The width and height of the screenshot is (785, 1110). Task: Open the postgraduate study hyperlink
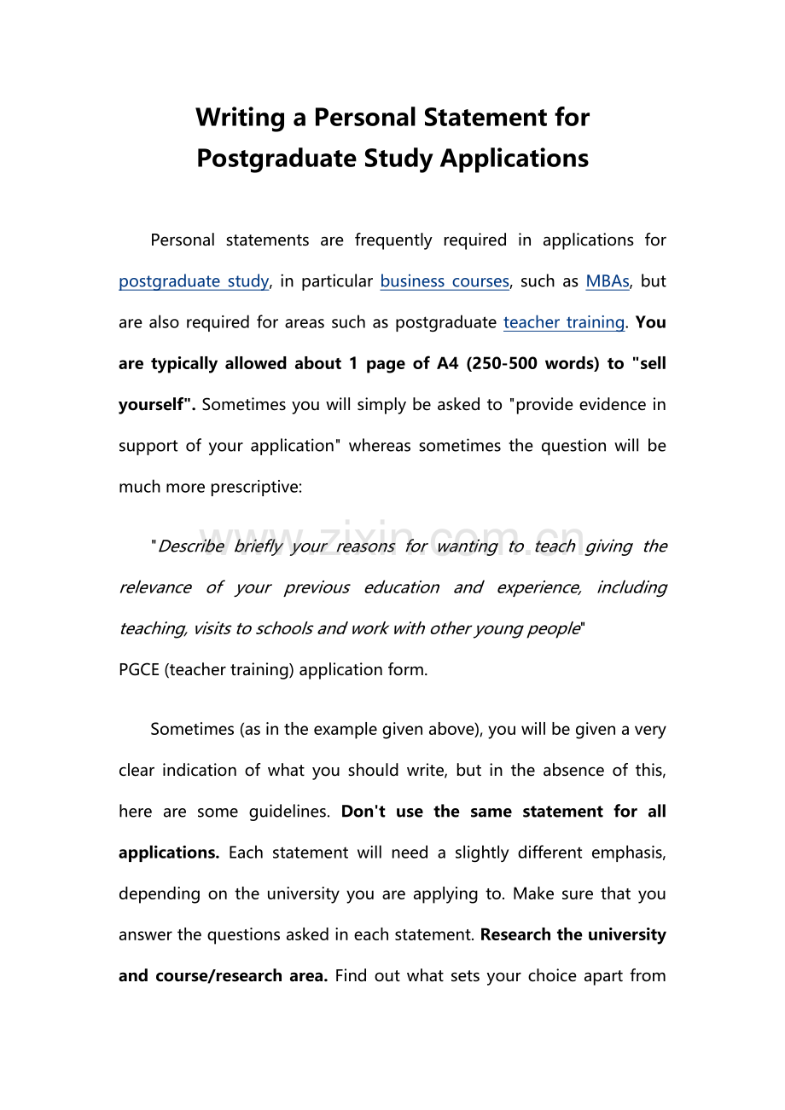coord(194,281)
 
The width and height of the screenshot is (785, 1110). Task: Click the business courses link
coord(445,281)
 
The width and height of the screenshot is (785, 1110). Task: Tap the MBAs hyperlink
coord(608,281)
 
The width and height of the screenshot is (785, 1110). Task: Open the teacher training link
coord(564,322)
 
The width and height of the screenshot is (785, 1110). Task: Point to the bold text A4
coord(447,363)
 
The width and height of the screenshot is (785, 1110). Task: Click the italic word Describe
coord(191,546)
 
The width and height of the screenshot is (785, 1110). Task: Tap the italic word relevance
coord(143,587)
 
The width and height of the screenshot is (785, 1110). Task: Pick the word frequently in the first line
coord(393,240)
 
